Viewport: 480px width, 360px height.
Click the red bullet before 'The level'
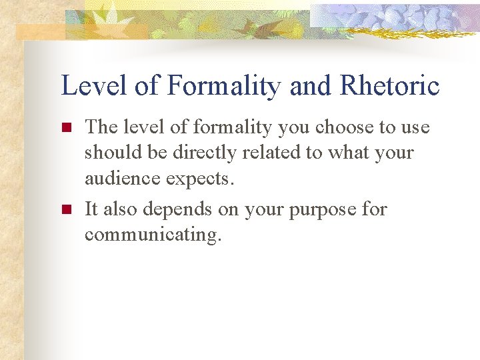click(66, 127)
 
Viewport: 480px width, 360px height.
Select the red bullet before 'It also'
click(66, 209)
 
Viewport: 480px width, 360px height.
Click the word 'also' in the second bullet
click(121, 209)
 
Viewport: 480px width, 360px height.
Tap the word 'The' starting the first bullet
click(102, 127)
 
